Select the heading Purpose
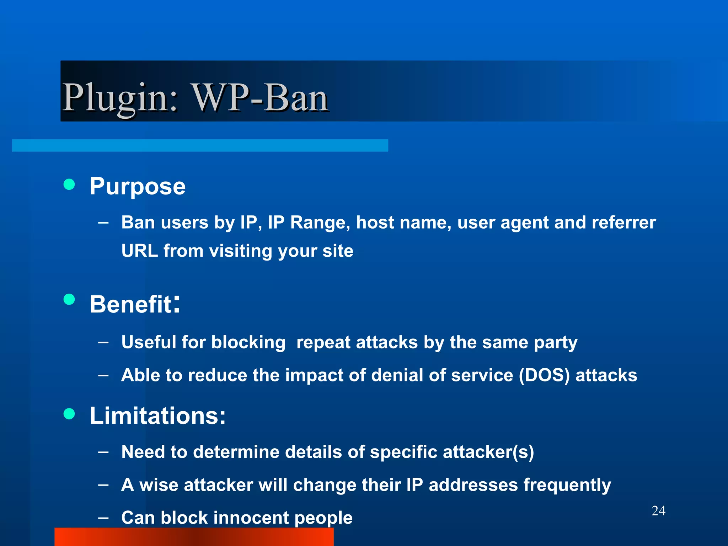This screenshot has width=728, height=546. point(138,186)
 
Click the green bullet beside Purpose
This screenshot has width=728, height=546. point(69,184)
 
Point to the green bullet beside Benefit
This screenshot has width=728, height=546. point(69,299)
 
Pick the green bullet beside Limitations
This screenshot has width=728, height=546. point(69,414)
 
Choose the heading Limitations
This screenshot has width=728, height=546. point(157,416)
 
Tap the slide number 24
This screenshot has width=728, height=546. point(658,511)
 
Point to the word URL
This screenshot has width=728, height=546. point(139,251)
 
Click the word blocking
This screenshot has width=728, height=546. point(248,343)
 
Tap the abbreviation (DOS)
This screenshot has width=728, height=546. point(544,375)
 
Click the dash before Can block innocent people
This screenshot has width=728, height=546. point(103,518)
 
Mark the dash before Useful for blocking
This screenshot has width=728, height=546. point(103,342)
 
